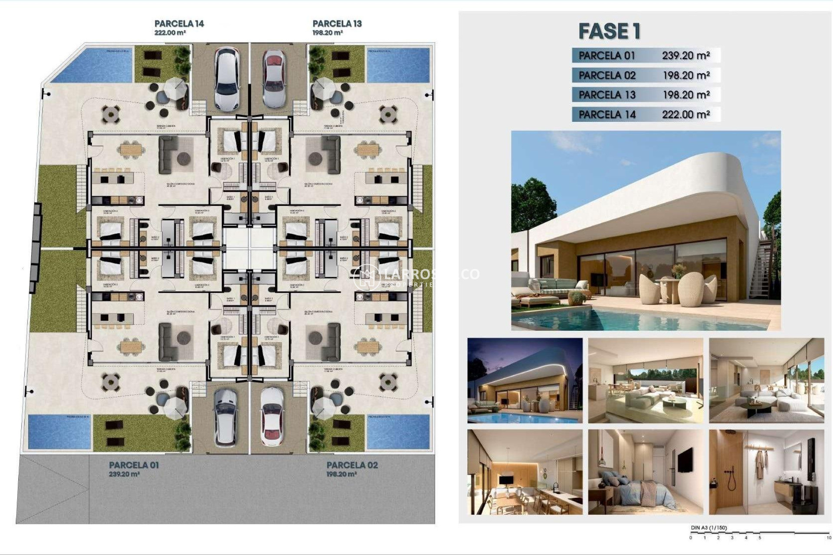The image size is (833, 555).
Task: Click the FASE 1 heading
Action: pos(609,31)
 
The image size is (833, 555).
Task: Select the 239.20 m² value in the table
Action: pos(685,55)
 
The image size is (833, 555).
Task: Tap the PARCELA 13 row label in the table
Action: pos(607,95)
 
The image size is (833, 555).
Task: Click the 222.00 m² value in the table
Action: pos(685,114)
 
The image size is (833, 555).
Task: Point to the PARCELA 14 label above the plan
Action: pos(179,23)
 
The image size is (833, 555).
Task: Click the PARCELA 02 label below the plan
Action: pos(352,465)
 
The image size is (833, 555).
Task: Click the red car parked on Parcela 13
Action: pos(274,78)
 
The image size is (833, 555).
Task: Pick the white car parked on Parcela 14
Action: pos(226,78)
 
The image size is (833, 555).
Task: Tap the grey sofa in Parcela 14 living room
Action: pos(167,155)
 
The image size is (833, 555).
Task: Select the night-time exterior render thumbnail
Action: pos(525,380)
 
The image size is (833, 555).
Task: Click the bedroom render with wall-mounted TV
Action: pos(645,472)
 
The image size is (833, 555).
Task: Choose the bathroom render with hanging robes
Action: pos(766,472)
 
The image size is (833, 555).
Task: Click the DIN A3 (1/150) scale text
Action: pos(708,528)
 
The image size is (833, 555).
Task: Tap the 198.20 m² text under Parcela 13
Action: pos(328,33)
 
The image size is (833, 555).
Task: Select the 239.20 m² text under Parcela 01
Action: pos(124,474)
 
